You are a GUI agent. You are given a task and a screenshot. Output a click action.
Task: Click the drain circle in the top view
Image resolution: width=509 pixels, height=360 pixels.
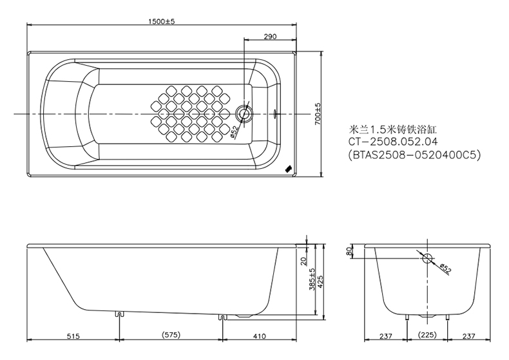[245, 114]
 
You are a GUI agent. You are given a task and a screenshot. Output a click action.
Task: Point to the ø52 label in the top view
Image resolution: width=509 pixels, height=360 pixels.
[233, 131]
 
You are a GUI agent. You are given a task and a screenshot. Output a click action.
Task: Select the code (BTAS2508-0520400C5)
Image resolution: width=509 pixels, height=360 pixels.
[414, 155]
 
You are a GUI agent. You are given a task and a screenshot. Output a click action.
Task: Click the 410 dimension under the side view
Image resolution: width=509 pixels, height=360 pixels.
[260, 336]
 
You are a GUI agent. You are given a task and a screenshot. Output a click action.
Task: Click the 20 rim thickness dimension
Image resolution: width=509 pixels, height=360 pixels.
[303, 261]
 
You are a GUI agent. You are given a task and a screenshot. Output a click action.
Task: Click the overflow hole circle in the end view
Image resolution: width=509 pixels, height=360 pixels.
[426, 260]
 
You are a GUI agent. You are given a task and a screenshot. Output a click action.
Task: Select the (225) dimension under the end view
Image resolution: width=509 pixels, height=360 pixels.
[427, 336]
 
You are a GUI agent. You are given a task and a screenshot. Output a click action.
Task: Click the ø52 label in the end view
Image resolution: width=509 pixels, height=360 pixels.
[443, 267]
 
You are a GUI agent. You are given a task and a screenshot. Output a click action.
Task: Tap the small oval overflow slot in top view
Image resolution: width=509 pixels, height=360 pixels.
[275, 114]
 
